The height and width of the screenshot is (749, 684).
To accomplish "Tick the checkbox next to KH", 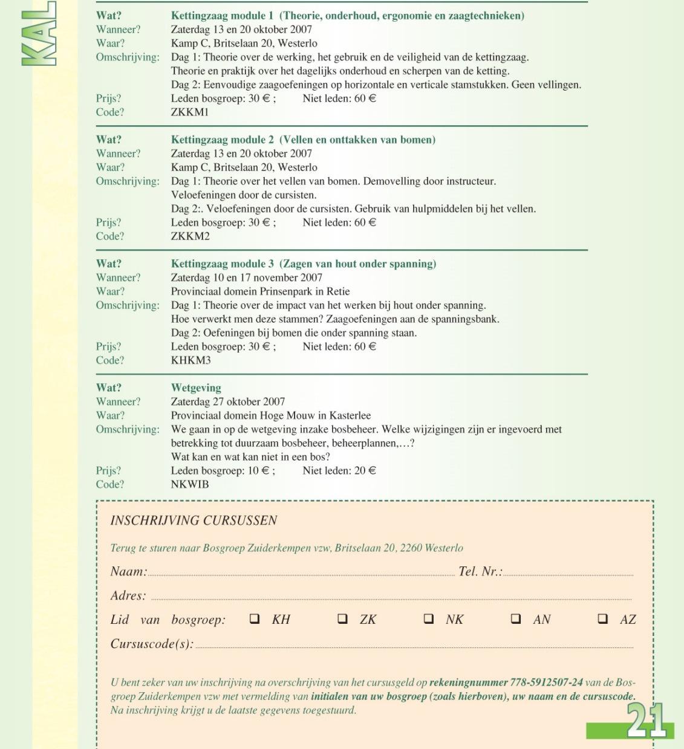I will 255,618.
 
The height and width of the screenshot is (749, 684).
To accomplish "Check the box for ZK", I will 342,618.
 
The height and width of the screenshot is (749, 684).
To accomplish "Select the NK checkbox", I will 429,618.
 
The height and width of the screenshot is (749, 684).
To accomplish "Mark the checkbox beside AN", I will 516,618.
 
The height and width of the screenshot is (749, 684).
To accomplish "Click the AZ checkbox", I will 603,618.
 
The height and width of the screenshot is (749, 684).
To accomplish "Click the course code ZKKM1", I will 190,112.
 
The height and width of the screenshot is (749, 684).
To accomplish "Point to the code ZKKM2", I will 191,236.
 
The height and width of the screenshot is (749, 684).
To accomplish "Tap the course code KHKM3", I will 191,360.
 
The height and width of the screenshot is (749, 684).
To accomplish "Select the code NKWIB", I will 190,484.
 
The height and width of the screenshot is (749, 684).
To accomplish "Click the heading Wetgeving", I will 196,388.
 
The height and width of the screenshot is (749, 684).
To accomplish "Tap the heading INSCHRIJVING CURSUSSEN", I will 194,520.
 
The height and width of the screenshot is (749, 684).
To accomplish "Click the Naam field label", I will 128,571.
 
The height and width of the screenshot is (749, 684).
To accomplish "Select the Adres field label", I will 128,595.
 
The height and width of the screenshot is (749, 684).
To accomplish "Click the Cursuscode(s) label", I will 152,644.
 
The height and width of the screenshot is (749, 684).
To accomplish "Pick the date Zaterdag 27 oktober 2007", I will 228,402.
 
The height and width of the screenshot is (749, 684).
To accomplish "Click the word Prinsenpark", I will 288,291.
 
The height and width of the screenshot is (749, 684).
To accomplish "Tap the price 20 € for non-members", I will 365,471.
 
